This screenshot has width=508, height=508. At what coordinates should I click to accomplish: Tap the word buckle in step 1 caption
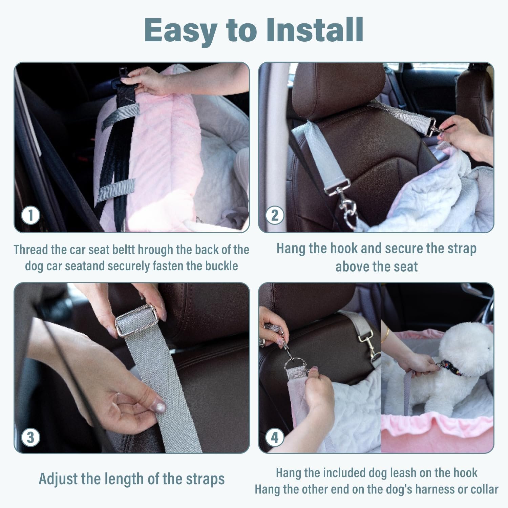click(x=221, y=266)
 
